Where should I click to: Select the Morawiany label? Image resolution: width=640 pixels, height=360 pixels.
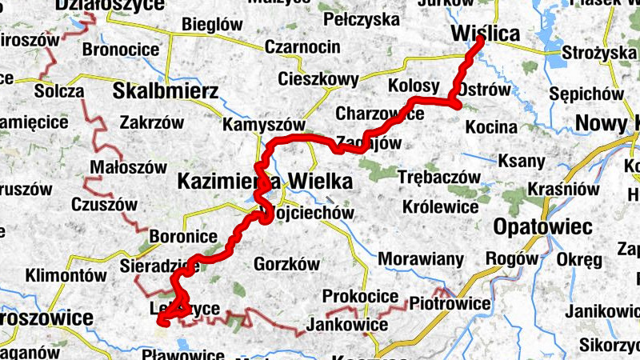421,259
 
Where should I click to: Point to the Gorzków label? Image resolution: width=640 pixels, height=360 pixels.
286,263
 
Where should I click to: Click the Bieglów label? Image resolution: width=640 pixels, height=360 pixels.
212,25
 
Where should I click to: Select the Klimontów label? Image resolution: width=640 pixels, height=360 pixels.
66,276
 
